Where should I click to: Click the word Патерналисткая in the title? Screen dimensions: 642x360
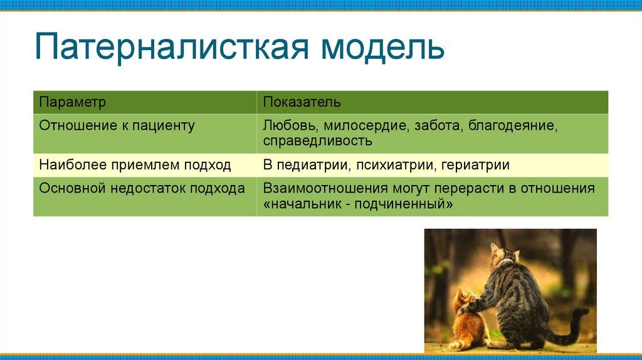(172, 46)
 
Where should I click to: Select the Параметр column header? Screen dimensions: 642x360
(73, 102)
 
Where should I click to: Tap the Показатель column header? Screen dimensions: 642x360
(302, 102)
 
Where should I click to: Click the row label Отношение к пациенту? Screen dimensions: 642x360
(117, 125)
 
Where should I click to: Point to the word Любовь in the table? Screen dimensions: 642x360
(291, 125)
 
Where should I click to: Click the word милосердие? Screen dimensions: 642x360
(366, 125)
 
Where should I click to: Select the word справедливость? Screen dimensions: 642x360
(318, 141)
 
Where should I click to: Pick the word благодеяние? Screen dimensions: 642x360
(513, 125)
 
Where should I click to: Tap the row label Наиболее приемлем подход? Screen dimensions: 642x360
(135, 165)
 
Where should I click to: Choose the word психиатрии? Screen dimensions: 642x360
(396, 165)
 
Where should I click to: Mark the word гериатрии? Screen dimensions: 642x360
(475, 165)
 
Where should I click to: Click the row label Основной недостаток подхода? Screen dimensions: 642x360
(142, 188)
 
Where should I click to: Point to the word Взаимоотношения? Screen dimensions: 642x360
(325, 188)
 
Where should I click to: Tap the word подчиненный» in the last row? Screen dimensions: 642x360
(403, 204)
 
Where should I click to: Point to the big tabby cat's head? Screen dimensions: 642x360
(503, 255)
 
